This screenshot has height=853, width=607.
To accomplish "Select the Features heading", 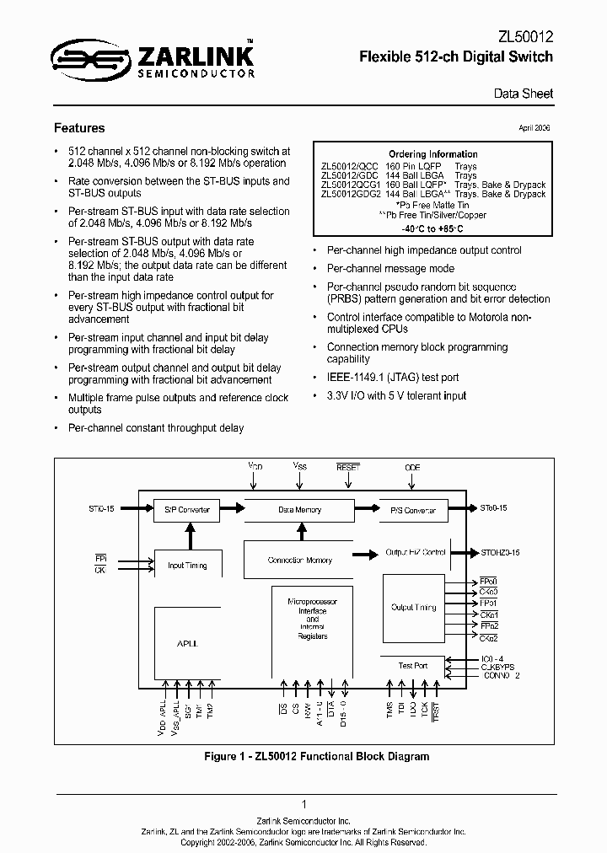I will click(x=79, y=128).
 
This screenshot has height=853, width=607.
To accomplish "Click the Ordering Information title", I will click(x=429, y=154).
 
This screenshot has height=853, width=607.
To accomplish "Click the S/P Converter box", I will click(x=185, y=510).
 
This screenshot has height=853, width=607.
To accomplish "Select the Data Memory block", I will click(x=300, y=510).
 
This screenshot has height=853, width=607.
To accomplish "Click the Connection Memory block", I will click(x=300, y=561).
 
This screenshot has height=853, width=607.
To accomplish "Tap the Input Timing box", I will click(x=187, y=566).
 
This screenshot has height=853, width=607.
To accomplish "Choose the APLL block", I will click(x=187, y=642).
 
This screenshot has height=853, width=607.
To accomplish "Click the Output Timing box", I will click(x=413, y=607).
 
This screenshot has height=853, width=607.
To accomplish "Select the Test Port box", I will click(x=412, y=666).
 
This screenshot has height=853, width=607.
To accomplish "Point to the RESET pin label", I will click(x=347, y=466).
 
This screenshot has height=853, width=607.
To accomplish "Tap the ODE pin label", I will click(x=411, y=466).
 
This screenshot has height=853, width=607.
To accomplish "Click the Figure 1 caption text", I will click(x=317, y=756).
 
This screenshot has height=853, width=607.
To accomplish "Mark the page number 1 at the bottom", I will click(x=303, y=804).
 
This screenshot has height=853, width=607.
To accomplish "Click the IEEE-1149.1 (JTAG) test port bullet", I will click(x=392, y=378).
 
